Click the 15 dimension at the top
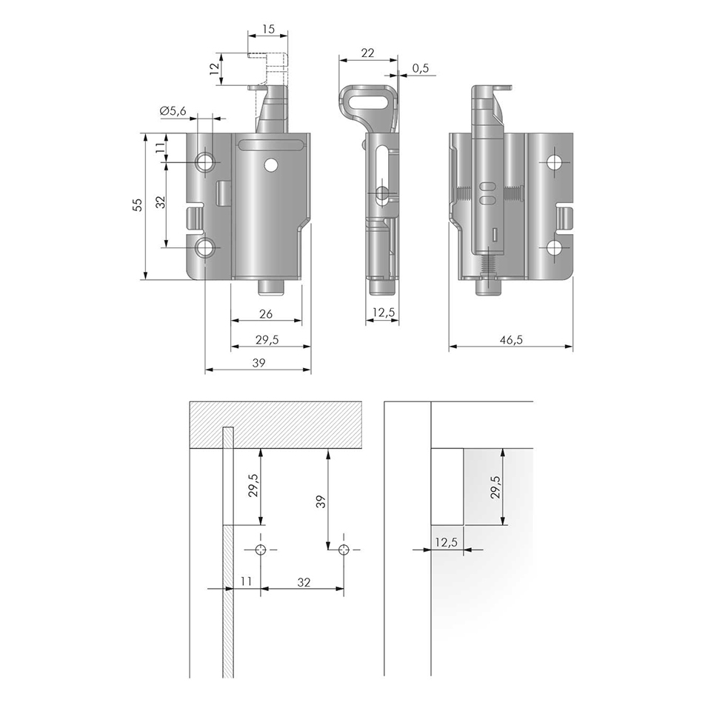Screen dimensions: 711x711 point(268,29)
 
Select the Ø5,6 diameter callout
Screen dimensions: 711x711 point(173,110)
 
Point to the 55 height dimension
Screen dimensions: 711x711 point(138,204)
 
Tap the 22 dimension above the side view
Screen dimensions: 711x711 point(368,53)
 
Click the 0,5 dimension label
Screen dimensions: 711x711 point(421,68)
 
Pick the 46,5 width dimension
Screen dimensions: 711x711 point(511,340)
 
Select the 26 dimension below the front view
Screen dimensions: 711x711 point(266,313)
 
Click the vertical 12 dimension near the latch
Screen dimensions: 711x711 point(215,68)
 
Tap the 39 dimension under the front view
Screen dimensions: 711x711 point(258,363)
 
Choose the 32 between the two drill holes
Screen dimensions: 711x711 point(304,582)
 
